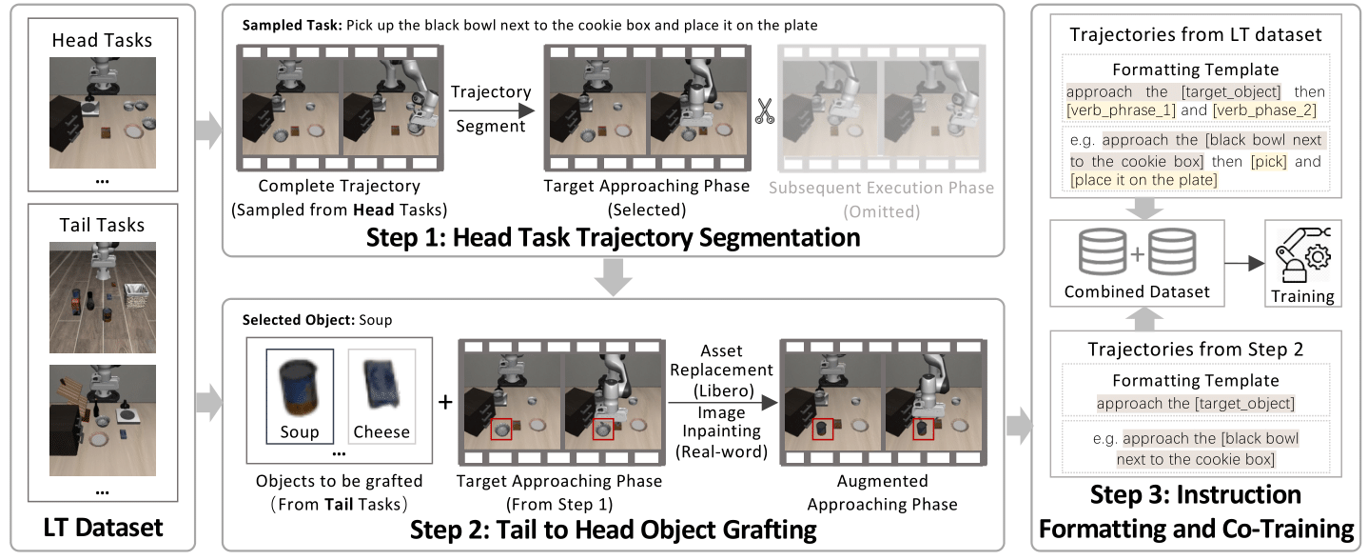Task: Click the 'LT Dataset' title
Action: pos(102,527)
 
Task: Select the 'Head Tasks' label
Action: pos(102,40)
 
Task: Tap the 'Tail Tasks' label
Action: pos(102,225)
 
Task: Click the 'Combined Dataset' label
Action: pos(1137,291)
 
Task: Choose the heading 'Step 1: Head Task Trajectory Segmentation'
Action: pos(613,236)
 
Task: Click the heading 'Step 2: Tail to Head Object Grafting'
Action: pos(613,530)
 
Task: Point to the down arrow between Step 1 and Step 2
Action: pos(613,277)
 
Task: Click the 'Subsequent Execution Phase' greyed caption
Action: pos(881,188)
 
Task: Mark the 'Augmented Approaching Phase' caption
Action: pos(882,493)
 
